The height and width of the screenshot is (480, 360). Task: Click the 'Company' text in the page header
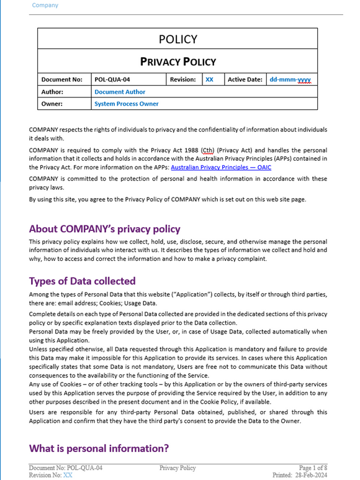[45, 6]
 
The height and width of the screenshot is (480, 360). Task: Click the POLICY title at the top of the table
[178, 40]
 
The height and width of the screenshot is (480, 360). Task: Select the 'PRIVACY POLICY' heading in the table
[178, 61]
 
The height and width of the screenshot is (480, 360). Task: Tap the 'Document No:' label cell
[61, 79]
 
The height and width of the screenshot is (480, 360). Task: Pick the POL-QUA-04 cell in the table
[112, 79]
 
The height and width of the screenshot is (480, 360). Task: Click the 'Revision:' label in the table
[183, 79]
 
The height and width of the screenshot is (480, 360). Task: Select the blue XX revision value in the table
[210, 79]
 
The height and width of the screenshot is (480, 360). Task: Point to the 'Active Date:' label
[245, 79]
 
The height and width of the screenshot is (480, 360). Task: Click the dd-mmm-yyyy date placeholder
[290, 79]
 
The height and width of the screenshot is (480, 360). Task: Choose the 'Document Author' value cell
[120, 92]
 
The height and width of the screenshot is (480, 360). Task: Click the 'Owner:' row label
[53, 104]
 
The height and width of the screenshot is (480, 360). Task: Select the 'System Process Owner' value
[126, 104]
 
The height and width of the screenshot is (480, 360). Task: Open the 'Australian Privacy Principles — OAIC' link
[221, 167]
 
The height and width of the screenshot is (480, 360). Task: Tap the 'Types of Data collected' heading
[82, 281]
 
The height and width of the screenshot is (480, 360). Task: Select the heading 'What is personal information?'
[99, 448]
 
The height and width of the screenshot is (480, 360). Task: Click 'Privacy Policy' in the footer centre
[178, 468]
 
